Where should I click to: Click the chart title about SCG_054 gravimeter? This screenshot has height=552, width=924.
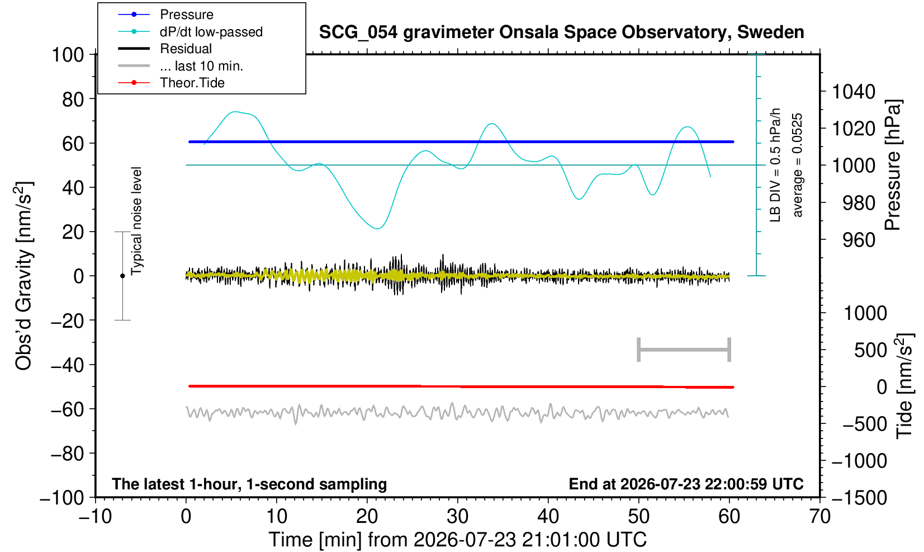point(561,32)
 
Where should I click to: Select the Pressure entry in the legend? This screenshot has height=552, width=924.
point(187,15)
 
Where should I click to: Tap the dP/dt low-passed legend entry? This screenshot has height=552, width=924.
point(211,32)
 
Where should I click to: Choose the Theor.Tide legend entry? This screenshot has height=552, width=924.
point(192,83)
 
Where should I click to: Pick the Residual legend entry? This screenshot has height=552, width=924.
point(186,49)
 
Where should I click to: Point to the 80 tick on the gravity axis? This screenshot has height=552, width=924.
point(73,99)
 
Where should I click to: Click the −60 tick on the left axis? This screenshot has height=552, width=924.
point(67,409)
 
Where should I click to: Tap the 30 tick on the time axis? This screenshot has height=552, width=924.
point(457,516)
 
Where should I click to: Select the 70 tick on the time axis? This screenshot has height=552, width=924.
point(819,516)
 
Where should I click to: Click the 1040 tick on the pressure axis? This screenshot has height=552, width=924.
point(854,91)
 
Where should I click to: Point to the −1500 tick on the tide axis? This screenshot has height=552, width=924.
point(859,498)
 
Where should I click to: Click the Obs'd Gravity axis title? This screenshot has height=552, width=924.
point(23,276)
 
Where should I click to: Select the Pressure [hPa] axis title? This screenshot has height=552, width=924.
point(893,165)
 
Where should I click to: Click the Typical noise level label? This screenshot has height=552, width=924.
point(136,221)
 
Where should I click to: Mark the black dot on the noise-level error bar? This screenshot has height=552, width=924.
point(122,276)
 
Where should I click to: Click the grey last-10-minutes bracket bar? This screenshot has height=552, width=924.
point(684,350)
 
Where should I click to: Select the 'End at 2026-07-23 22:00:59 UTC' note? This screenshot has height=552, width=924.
point(686,483)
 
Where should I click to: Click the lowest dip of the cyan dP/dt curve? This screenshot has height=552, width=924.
point(377,228)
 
